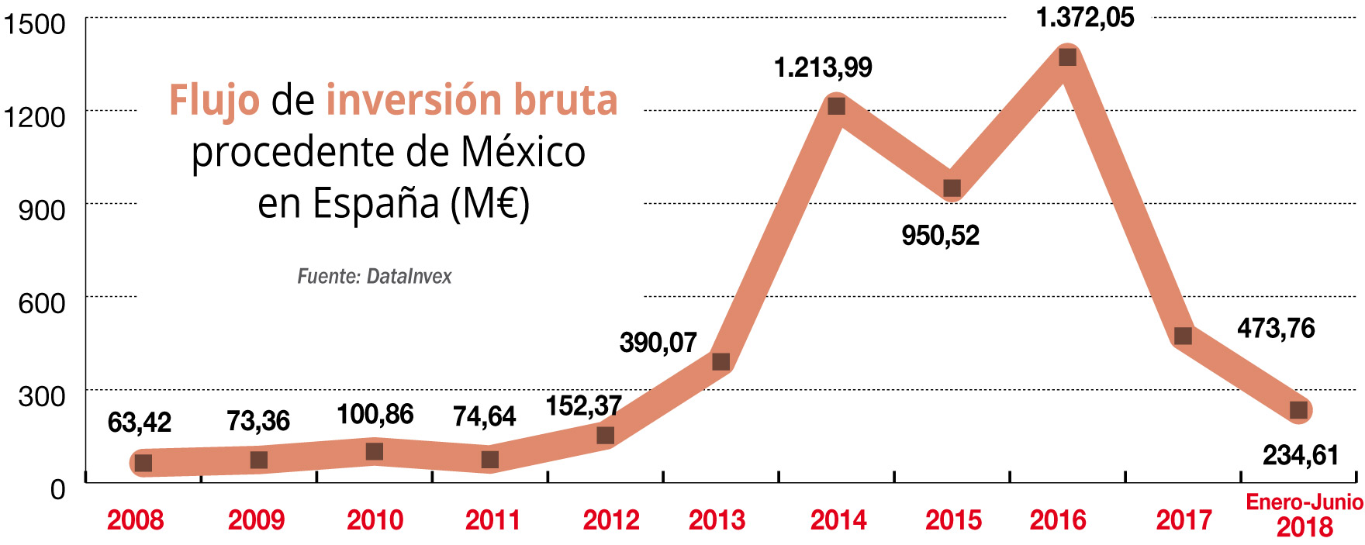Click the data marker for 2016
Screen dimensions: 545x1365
point(1067,57)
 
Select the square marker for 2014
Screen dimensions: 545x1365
point(836,106)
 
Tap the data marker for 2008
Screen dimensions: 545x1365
point(143,463)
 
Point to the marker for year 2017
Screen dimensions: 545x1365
point(1183,336)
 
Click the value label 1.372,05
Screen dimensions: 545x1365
point(1085,18)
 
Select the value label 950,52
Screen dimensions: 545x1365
point(940,236)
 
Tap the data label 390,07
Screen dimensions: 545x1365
point(658,343)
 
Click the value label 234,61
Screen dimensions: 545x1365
point(1301,455)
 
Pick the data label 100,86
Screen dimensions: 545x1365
point(375,415)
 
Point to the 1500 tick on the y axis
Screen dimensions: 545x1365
point(35,24)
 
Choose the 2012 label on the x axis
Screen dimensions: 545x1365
point(611,520)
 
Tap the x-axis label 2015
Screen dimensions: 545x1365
point(953,520)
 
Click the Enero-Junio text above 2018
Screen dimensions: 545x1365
point(1304,502)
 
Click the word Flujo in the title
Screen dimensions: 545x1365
point(214,101)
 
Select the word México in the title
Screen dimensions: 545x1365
point(523,152)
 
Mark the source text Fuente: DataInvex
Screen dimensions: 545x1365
point(374,277)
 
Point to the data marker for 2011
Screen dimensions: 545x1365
point(490,460)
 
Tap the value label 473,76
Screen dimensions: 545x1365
point(1276,329)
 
